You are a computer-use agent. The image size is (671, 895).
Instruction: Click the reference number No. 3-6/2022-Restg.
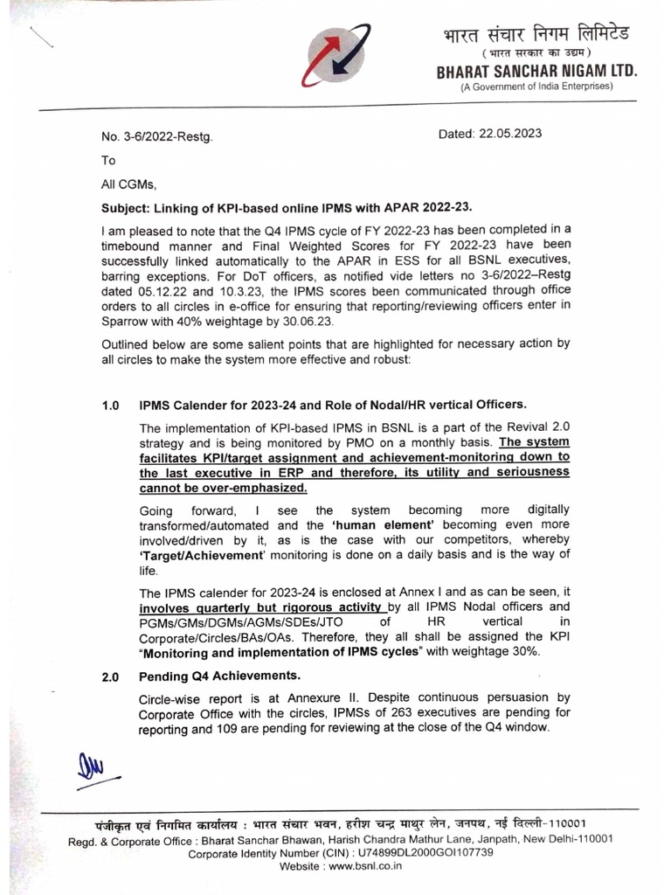point(155,138)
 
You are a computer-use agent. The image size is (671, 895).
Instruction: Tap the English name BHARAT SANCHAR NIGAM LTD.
point(537,72)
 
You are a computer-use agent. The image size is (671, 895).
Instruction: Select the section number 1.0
point(110,405)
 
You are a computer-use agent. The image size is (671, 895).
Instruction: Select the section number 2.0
point(110,676)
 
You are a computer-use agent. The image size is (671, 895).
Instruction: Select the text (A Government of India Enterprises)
point(536,87)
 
